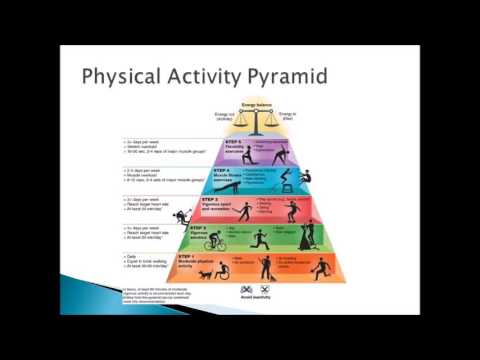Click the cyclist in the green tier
213,243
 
